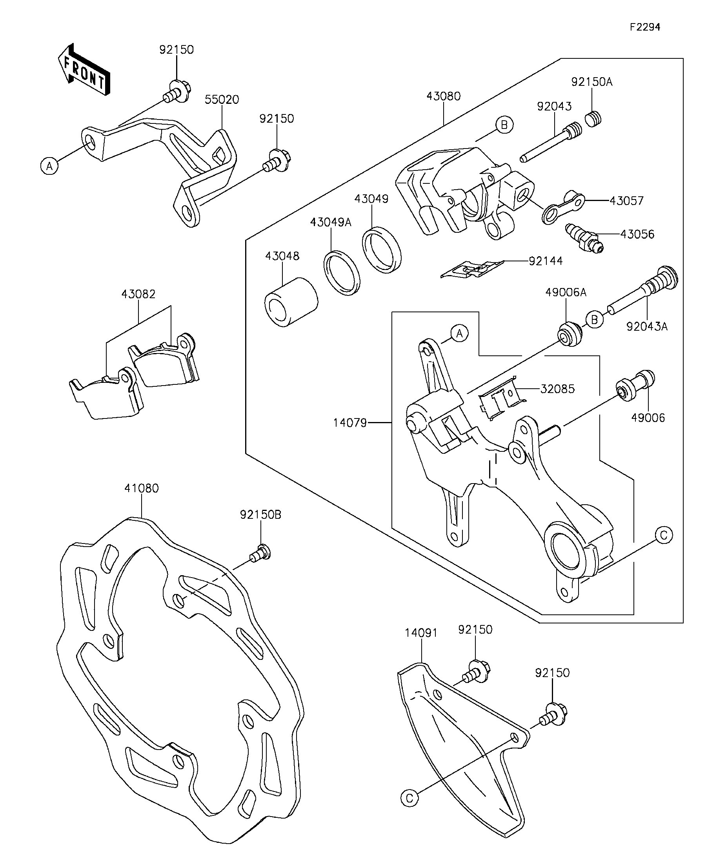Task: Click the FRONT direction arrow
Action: coord(84,69)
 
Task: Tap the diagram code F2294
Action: coord(645,27)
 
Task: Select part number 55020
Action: coord(222,100)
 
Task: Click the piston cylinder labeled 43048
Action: coord(291,302)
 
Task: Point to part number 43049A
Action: coord(331,223)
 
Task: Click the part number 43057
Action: coord(626,201)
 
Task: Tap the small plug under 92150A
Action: coord(593,119)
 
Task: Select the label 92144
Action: coord(546,261)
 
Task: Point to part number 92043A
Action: coord(647,327)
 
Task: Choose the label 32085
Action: coord(557,389)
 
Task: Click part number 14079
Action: coord(350,422)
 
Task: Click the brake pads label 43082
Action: coord(138,295)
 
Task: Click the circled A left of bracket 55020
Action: coord(49,166)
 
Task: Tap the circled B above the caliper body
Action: coord(504,124)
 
